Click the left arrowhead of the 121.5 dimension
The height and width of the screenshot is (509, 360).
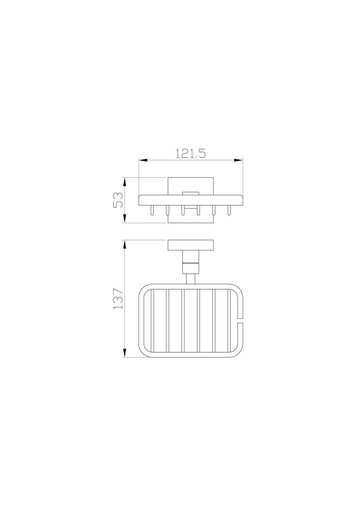pos(143,160)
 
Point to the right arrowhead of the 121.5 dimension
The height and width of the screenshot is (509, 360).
pos(239,160)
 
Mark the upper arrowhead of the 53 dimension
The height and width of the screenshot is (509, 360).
pos(125,182)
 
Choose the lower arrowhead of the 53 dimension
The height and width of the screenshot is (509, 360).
pos(125,219)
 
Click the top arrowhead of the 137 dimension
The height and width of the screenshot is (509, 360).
pos(125,245)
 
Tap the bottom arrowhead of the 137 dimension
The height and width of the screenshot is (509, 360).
pos(125,353)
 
